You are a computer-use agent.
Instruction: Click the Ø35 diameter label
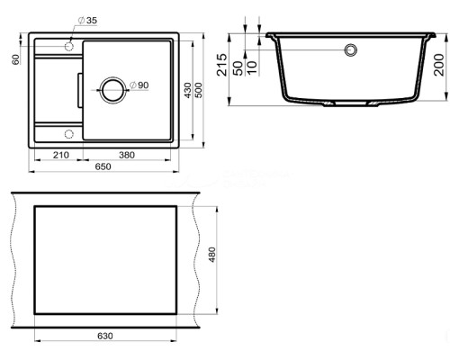(87, 21)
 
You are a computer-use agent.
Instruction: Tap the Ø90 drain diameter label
(139, 85)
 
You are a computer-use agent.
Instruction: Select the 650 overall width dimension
(103, 166)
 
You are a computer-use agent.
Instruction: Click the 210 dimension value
(61, 155)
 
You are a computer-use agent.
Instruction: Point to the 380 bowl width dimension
(127, 155)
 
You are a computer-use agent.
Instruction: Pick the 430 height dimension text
(188, 90)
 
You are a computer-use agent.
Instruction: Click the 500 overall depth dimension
(199, 90)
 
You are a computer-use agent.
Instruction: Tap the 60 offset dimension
(15, 59)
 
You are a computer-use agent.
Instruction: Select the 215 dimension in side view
(222, 65)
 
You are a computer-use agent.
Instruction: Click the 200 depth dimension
(438, 65)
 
